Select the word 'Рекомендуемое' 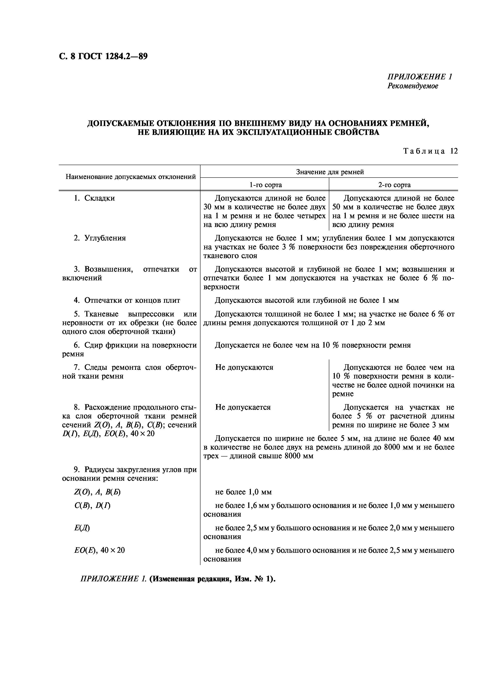(x=413, y=86)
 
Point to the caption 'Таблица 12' (x=430, y=151)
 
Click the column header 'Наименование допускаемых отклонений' (x=131, y=177)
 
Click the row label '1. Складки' (x=94, y=198)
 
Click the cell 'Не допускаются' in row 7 (x=244, y=367)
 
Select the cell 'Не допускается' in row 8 (x=243, y=407)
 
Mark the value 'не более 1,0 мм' (x=243, y=492)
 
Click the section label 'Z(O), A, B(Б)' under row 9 (x=97, y=492)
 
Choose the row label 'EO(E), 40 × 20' (x=99, y=550)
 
